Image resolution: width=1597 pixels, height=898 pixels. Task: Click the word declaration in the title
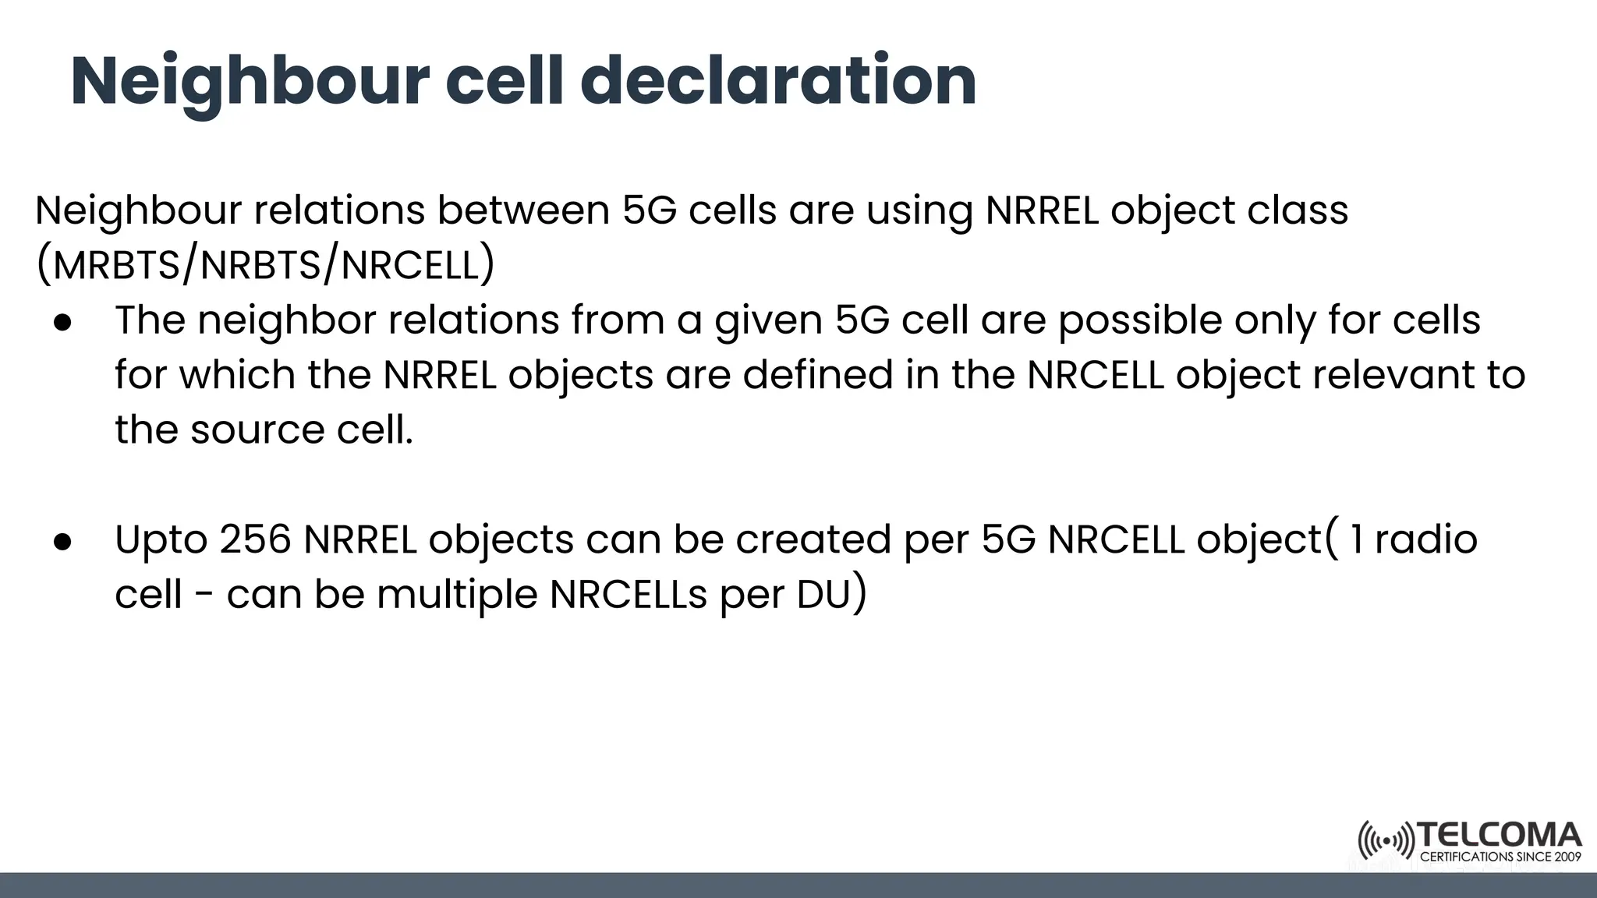click(777, 81)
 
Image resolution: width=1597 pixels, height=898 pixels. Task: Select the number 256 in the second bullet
click(255, 539)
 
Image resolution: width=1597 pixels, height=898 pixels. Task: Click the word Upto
click(161, 539)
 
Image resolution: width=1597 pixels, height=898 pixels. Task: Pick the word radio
click(1425, 539)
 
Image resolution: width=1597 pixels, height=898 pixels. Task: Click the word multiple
click(457, 595)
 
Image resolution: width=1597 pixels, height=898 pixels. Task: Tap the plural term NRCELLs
click(629, 595)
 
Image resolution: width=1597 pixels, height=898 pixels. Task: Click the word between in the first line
click(522, 210)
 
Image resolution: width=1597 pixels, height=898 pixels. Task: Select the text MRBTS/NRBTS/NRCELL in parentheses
click(265, 266)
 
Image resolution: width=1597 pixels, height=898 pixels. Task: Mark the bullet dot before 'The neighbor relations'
click(63, 322)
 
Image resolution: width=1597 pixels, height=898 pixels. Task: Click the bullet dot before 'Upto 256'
click(63, 541)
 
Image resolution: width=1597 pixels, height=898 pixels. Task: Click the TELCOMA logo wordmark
click(1500, 836)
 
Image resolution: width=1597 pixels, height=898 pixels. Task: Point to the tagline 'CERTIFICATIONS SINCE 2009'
click(1500, 857)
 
